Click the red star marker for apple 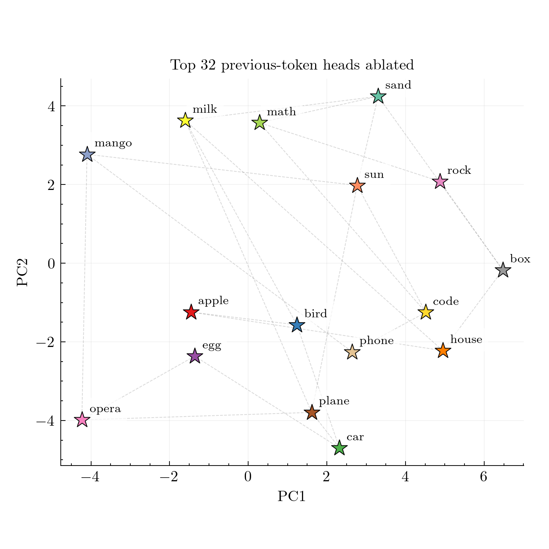191,313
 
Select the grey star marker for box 503,270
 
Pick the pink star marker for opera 82,420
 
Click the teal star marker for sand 378,97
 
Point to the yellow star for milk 185,120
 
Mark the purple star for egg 195,356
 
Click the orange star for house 443,351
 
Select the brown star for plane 312,412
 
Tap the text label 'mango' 113,143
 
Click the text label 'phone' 376,341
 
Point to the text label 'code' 445,302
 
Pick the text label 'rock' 459,171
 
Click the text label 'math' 281,112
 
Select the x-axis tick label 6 484,477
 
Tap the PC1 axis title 291,497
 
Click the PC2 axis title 23,272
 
